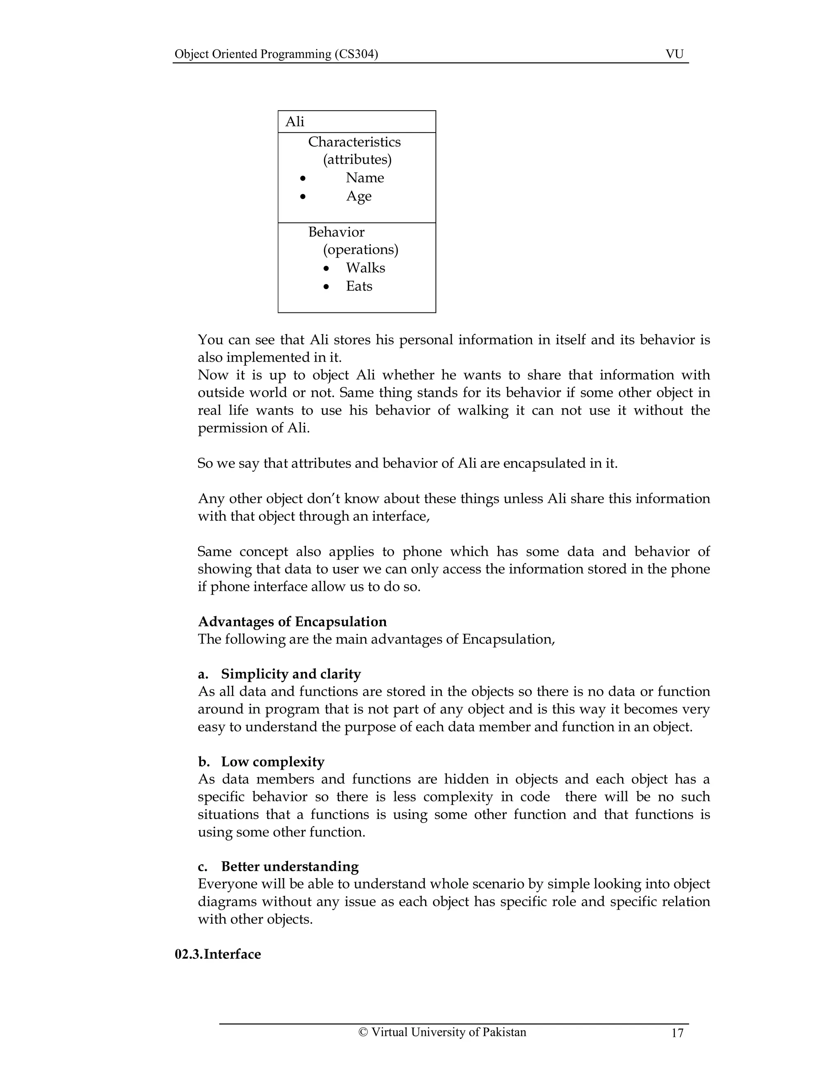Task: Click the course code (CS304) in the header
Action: (x=356, y=54)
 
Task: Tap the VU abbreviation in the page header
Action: (x=674, y=54)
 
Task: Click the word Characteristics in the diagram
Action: (x=354, y=142)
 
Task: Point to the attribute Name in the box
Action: (x=365, y=178)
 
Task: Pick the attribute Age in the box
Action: (x=358, y=196)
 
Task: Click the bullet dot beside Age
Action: (x=303, y=197)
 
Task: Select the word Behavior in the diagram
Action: (x=336, y=232)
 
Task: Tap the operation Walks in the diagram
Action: (x=365, y=268)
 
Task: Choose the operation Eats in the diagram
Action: (x=359, y=286)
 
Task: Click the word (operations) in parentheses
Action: (x=360, y=249)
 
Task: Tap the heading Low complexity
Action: (x=273, y=762)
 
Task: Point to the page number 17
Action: (x=677, y=1033)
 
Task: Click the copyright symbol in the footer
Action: (x=363, y=1032)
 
